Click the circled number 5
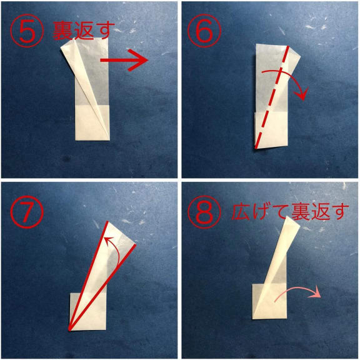pyautogui.click(x=27, y=31)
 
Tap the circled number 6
pyautogui.click(x=204, y=31)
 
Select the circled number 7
pyautogui.click(x=27, y=212)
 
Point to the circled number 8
pyautogui.click(x=204, y=212)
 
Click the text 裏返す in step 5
pyautogui.click(x=84, y=31)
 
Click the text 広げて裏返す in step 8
pyautogui.click(x=290, y=212)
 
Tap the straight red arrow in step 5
pyautogui.click(x=124, y=60)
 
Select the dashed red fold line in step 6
pyautogui.click(x=272, y=97)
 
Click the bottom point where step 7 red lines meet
pyautogui.click(x=69, y=330)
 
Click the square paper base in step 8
pyautogui.click(x=270, y=301)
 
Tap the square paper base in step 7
pyautogui.click(x=88, y=311)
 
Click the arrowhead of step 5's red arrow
pyautogui.click(x=139, y=60)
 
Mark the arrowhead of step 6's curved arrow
pyautogui.click(x=301, y=94)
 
